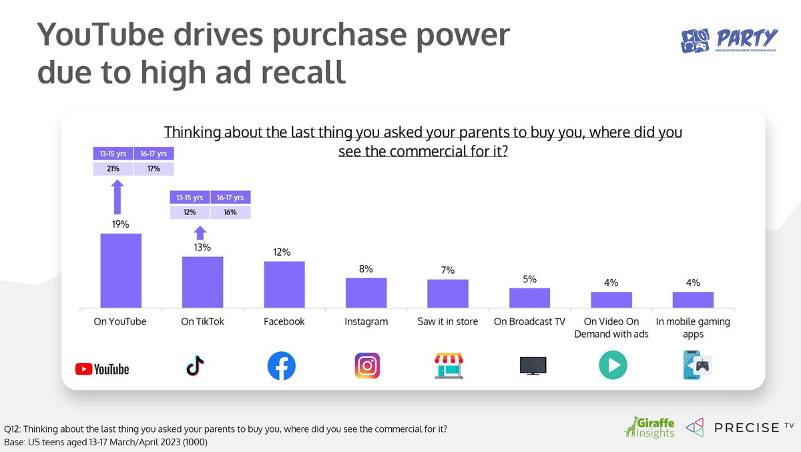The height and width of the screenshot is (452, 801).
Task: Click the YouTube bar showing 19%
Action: click(121, 270)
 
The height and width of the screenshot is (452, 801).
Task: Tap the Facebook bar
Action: click(284, 284)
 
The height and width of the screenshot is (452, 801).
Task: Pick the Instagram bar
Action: click(366, 292)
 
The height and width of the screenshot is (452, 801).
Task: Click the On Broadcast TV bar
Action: click(529, 298)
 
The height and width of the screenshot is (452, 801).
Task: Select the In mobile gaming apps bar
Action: click(693, 300)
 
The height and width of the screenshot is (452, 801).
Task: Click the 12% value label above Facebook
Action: click(282, 252)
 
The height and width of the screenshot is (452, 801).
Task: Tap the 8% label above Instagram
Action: click(366, 269)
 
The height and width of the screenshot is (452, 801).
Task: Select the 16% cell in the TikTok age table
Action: click(230, 212)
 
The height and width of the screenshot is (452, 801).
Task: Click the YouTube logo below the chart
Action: click(102, 369)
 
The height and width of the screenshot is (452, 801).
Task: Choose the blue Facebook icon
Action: click(281, 367)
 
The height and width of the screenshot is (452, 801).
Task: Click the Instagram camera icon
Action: click(367, 366)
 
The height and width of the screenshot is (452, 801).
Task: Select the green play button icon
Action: click(612, 366)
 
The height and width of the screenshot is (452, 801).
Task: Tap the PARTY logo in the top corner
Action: click(729, 41)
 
